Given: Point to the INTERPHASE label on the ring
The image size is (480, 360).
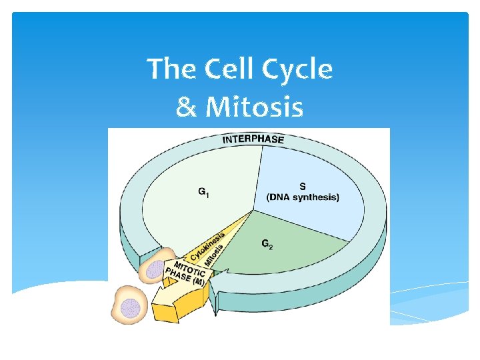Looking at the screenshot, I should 253,139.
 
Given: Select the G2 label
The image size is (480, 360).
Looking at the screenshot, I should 267,244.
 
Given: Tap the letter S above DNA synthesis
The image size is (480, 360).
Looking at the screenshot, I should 303,186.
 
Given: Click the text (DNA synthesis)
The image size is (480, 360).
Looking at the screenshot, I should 303,197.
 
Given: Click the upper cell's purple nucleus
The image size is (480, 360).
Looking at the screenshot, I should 155,269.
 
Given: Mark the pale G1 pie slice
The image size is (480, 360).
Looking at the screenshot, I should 193,180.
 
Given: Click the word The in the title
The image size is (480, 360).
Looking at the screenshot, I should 171,69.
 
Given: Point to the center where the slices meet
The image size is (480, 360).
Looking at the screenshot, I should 254,210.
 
